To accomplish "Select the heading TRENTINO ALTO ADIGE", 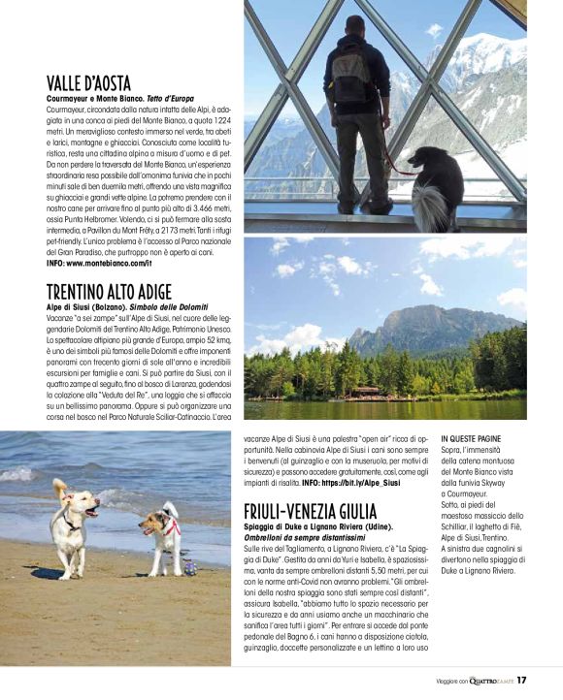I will [108, 291].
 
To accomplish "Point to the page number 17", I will [521, 680].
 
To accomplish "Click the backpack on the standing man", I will [350, 75].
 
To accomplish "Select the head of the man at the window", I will [355, 25].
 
